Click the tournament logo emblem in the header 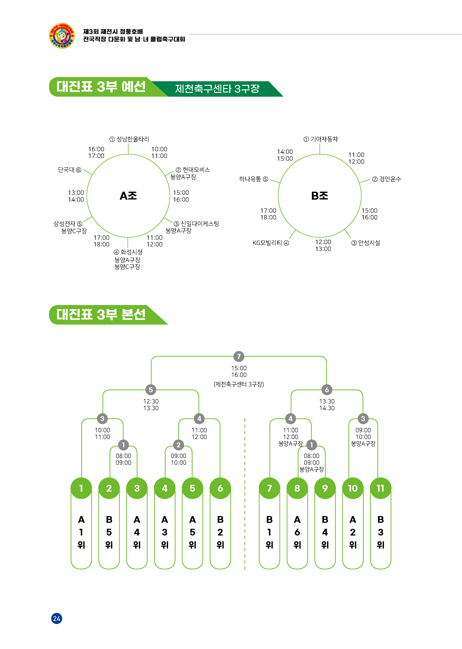pyautogui.click(x=62, y=36)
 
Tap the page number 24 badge pyautogui.click(x=57, y=618)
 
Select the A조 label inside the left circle pyautogui.click(x=128, y=196)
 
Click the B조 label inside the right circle pyautogui.click(x=319, y=196)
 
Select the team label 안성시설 pyautogui.click(x=369, y=243)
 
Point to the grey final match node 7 pyautogui.click(x=239, y=356)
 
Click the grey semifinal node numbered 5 pyautogui.click(x=151, y=390)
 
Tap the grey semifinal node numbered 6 pyautogui.click(x=327, y=390)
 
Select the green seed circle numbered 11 pyautogui.click(x=380, y=488)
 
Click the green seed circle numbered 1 pyautogui.click(x=81, y=488)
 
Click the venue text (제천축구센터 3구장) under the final pyautogui.click(x=239, y=384)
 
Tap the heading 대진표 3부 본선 pyautogui.click(x=101, y=315)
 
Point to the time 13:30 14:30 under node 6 pyautogui.click(x=327, y=405)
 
